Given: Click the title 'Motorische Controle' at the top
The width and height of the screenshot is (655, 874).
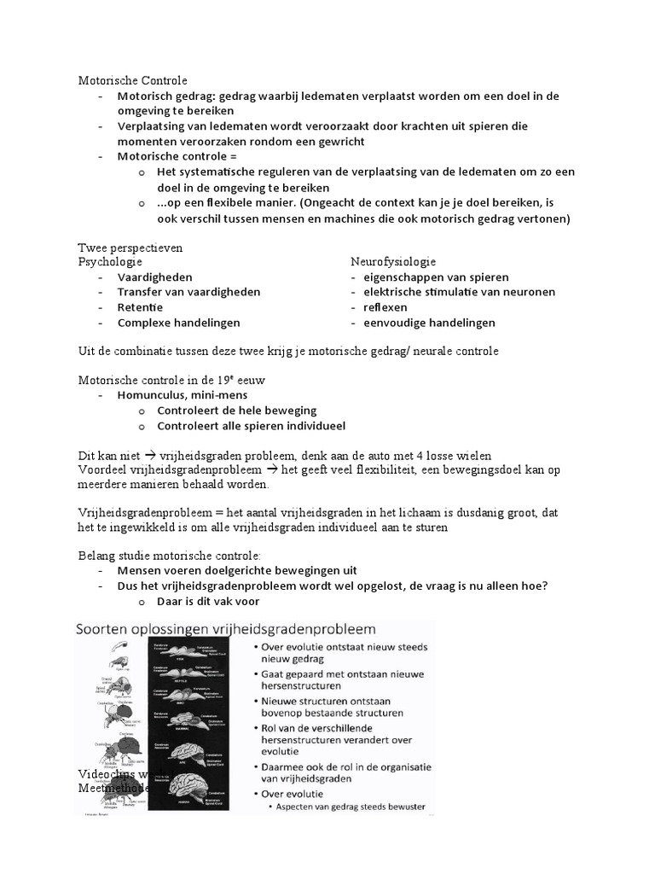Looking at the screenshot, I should (132, 81).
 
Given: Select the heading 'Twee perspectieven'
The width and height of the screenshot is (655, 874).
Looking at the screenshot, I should (130, 248).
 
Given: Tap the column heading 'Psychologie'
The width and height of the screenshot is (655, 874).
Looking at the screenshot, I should (110, 262).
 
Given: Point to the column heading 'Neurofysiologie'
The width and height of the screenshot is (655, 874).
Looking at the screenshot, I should (393, 262).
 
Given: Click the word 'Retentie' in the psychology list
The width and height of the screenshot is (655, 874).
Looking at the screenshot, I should (140, 307).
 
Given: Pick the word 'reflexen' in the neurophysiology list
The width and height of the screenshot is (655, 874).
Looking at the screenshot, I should (385, 307).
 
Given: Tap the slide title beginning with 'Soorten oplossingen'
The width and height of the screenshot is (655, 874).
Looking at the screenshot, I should (226, 630).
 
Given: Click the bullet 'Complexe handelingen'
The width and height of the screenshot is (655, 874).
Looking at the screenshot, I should (178, 323).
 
